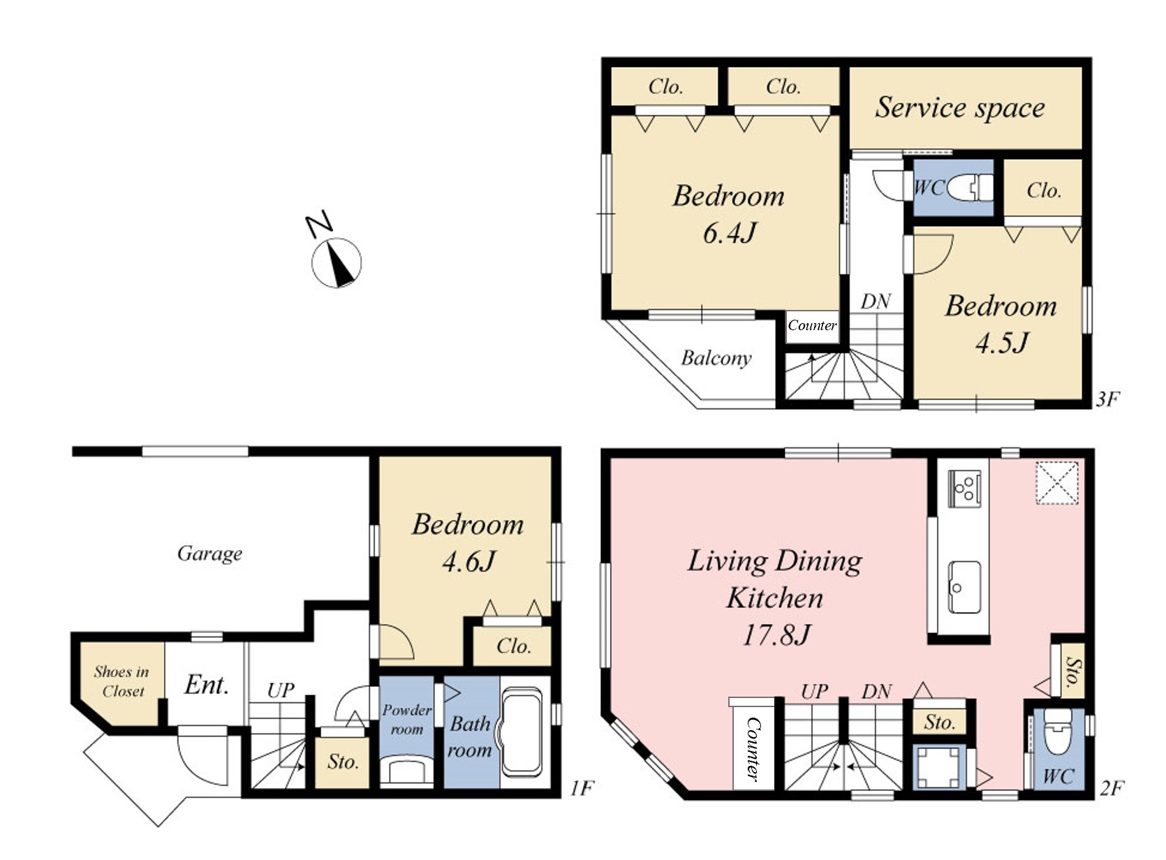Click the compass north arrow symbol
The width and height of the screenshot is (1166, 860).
336,262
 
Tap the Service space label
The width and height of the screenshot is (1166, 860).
959,107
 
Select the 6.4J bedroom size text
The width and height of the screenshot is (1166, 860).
730,233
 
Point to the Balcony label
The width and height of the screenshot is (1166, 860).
716,358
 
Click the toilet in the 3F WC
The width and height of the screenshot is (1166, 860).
970,188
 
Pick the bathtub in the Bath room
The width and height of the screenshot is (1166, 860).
522,732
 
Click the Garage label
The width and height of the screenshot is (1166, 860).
209,554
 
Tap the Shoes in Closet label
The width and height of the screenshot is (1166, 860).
122,681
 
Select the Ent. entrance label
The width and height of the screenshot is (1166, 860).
207,685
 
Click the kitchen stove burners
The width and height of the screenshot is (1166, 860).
964,489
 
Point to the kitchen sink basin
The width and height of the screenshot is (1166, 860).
964,587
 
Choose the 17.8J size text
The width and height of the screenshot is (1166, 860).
776,635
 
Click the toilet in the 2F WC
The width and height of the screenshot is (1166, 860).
1058,732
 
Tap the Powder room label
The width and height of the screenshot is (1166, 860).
406,719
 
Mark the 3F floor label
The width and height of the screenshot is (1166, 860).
1107,399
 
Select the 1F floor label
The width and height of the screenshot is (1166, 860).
582,788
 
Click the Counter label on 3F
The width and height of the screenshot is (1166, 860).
812,325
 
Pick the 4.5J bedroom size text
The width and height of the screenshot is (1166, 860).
1001,343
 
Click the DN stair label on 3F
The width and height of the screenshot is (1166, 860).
876,302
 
